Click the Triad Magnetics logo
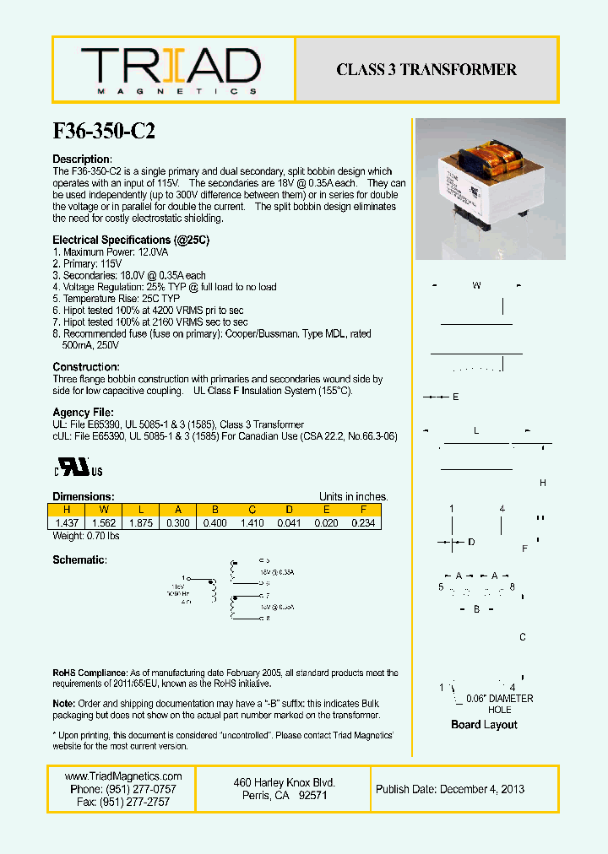171,70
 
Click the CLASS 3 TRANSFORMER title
426,70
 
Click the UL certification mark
79,468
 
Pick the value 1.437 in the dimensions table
66,523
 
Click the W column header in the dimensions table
103,510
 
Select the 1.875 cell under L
140,523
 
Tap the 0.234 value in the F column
363,523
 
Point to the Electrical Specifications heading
131,241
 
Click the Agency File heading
86,413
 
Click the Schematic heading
79,559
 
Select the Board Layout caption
484,725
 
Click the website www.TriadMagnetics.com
123,776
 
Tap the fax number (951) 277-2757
123,802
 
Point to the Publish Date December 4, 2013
450,789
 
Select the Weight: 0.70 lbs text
86,536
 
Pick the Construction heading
86,367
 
